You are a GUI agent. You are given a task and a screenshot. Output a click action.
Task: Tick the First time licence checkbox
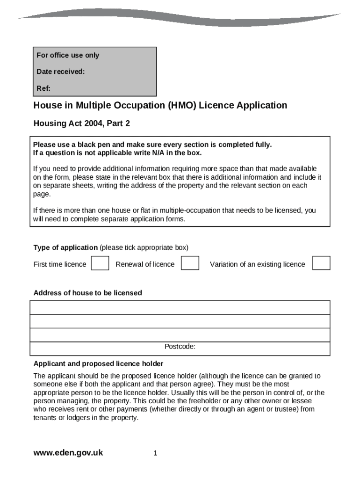[100, 263]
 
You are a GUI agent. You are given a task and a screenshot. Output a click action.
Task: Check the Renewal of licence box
[190, 263]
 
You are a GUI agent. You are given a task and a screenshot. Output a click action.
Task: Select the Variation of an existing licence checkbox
[321, 263]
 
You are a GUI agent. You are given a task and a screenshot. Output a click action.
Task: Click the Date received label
[61, 72]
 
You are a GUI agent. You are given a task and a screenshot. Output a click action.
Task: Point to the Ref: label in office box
[43, 88]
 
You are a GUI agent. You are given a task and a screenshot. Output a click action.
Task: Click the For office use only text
[68, 55]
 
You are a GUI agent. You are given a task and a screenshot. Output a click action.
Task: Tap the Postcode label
[180, 347]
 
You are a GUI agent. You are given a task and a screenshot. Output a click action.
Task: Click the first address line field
[180, 307]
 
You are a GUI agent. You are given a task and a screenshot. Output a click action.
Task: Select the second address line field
[180, 321]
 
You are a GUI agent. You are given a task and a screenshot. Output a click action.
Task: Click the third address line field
[180, 335]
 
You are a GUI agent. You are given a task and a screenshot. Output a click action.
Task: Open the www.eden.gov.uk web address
[68, 453]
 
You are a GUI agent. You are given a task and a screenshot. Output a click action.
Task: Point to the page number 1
[155, 453]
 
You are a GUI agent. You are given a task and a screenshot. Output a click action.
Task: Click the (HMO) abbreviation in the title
[182, 105]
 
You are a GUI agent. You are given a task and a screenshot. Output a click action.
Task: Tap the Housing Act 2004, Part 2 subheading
[81, 123]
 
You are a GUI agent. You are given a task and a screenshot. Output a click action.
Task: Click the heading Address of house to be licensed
[87, 293]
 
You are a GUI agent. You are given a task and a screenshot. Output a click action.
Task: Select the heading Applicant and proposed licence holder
[98, 363]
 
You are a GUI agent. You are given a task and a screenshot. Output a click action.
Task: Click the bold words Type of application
[65, 247]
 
